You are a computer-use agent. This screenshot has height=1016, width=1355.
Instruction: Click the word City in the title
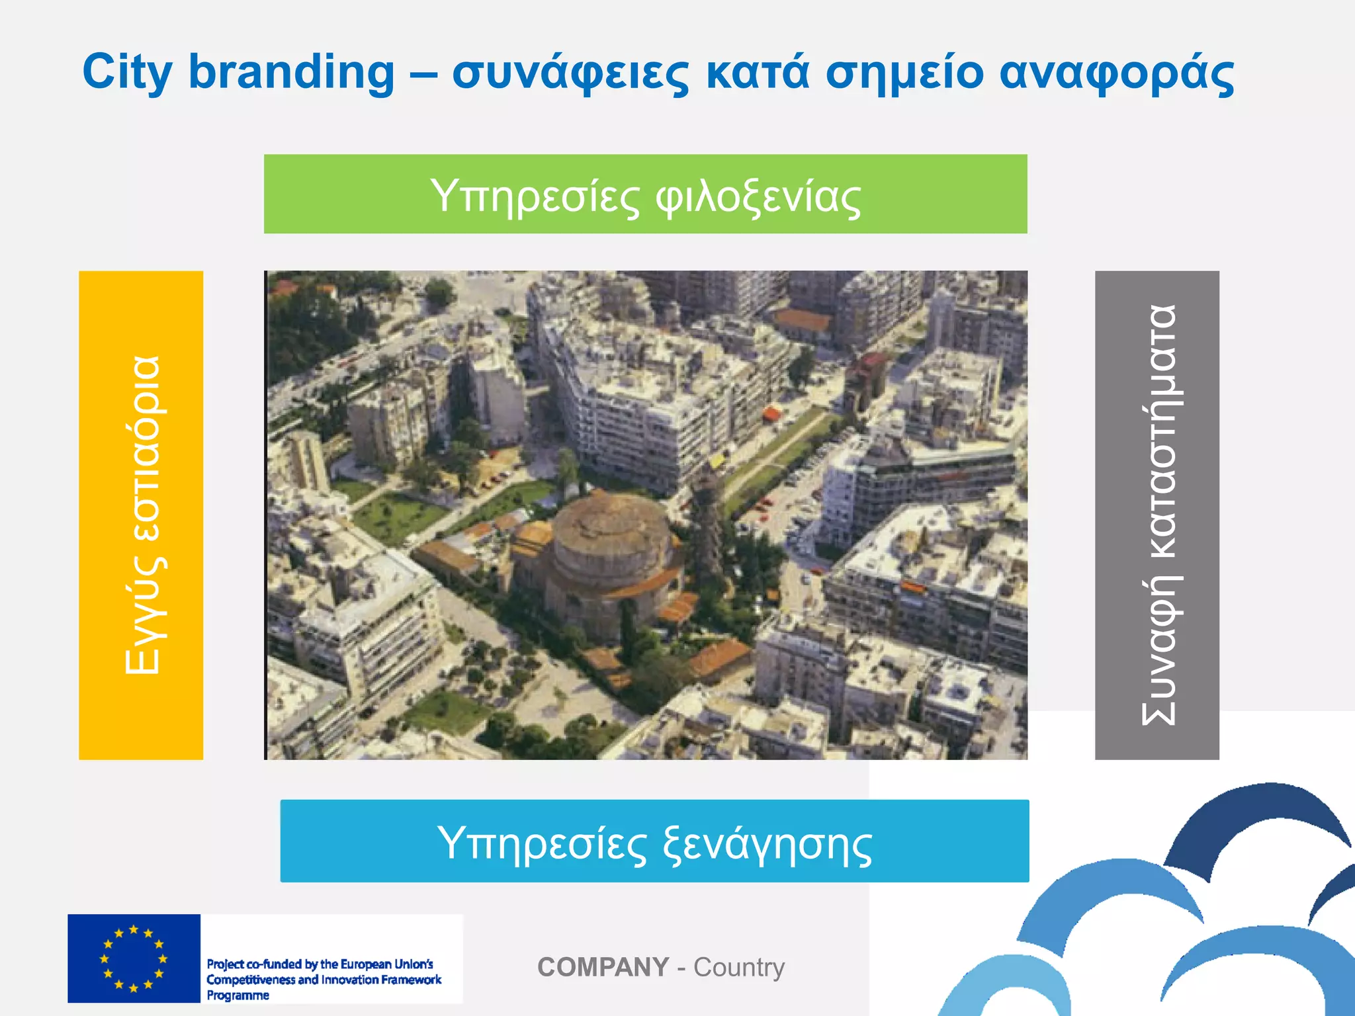[x=127, y=73]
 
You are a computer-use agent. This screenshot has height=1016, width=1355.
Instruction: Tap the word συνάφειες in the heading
[x=570, y=73]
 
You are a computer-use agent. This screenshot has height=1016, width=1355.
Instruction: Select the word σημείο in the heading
[x=905, y=73]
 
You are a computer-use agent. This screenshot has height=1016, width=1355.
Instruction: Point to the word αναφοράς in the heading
[x=1116, y=73]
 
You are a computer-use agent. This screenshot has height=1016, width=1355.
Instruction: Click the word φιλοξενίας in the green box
[x=758, y=197]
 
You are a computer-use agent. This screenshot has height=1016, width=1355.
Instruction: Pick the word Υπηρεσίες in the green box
[x=535, y=197]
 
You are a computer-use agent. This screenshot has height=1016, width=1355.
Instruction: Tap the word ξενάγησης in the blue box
[x=767, y=845]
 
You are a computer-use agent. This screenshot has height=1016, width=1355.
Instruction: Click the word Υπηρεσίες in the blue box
[x=542, y=843]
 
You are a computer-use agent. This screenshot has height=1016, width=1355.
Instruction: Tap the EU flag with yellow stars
[x=134, y=958]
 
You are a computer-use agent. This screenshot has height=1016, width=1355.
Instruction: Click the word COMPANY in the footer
[x=603, y=967]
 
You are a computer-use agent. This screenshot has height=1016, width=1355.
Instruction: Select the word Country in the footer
[x=738, y=967]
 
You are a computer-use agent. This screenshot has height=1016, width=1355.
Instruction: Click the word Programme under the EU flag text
[x=238, y=995]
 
